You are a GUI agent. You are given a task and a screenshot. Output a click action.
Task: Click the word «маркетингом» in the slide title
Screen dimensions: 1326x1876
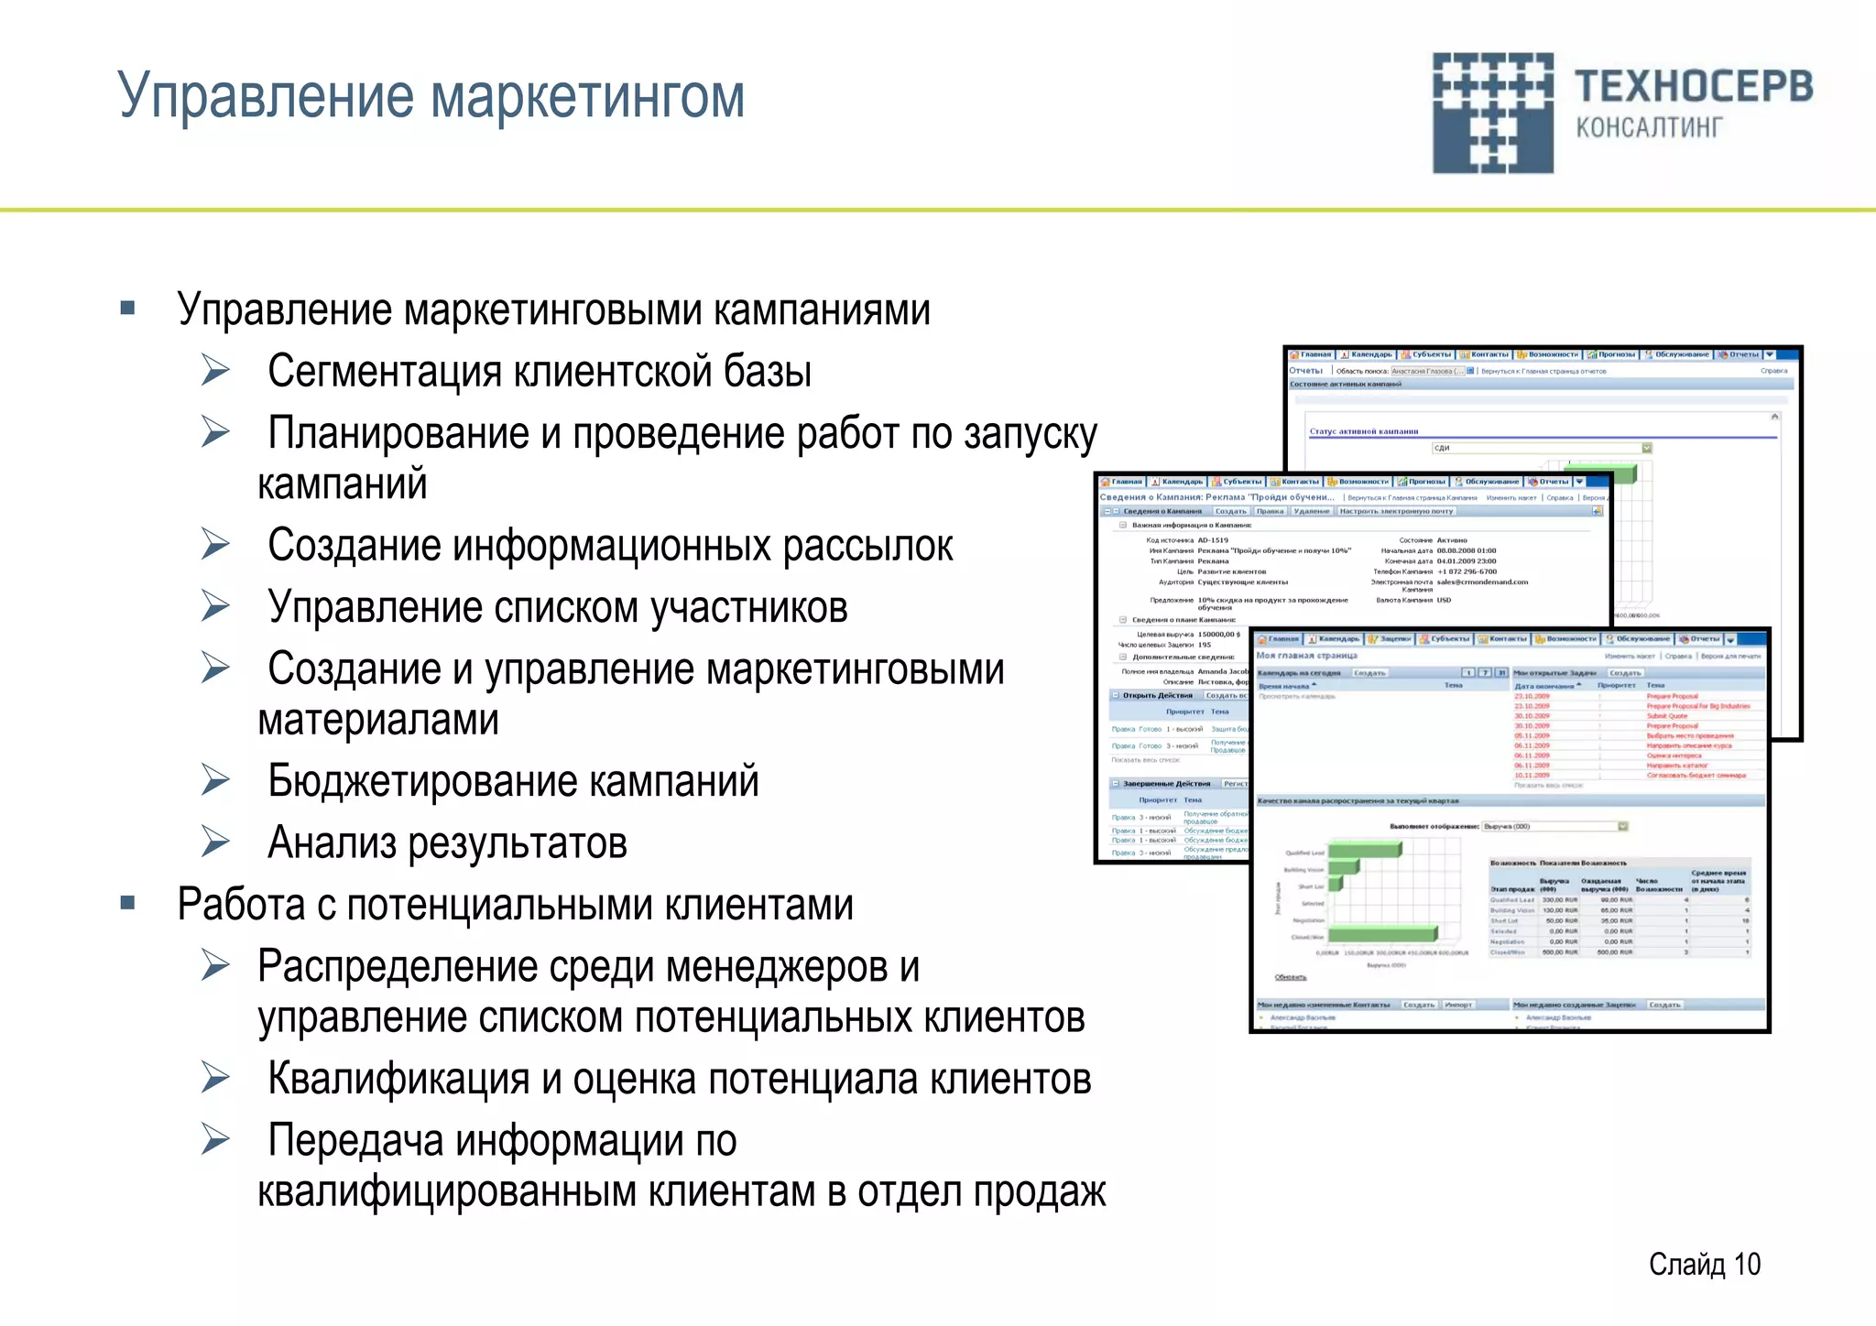click(587, 96)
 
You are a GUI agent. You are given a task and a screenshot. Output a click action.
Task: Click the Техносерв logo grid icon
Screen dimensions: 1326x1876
click(1492, 113)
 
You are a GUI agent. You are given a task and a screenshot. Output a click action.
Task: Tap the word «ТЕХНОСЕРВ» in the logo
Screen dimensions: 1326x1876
click(1693, 87)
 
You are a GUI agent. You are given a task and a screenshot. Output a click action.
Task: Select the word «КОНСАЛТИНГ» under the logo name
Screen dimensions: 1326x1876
click(1649, 127)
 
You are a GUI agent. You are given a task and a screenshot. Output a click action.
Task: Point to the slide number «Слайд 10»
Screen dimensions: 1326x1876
click(1704, 1264)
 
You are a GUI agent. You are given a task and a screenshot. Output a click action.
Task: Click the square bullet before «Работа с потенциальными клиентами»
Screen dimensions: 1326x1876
click(128, 904)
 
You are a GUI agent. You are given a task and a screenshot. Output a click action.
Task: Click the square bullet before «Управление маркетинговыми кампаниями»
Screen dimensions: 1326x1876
click(128, 309)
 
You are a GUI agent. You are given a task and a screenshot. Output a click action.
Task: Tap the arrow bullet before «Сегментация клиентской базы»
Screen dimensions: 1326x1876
click(216, 371)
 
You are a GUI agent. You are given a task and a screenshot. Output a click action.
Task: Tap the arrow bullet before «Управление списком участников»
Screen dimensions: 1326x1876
click(216, 606)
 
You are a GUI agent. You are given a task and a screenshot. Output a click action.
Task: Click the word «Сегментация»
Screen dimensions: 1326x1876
click(384, 372)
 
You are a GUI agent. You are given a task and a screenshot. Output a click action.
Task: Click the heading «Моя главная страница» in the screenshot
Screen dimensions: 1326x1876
click(1306, 656)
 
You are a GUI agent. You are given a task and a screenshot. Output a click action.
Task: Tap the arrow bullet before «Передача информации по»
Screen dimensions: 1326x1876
click(216, 1140)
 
